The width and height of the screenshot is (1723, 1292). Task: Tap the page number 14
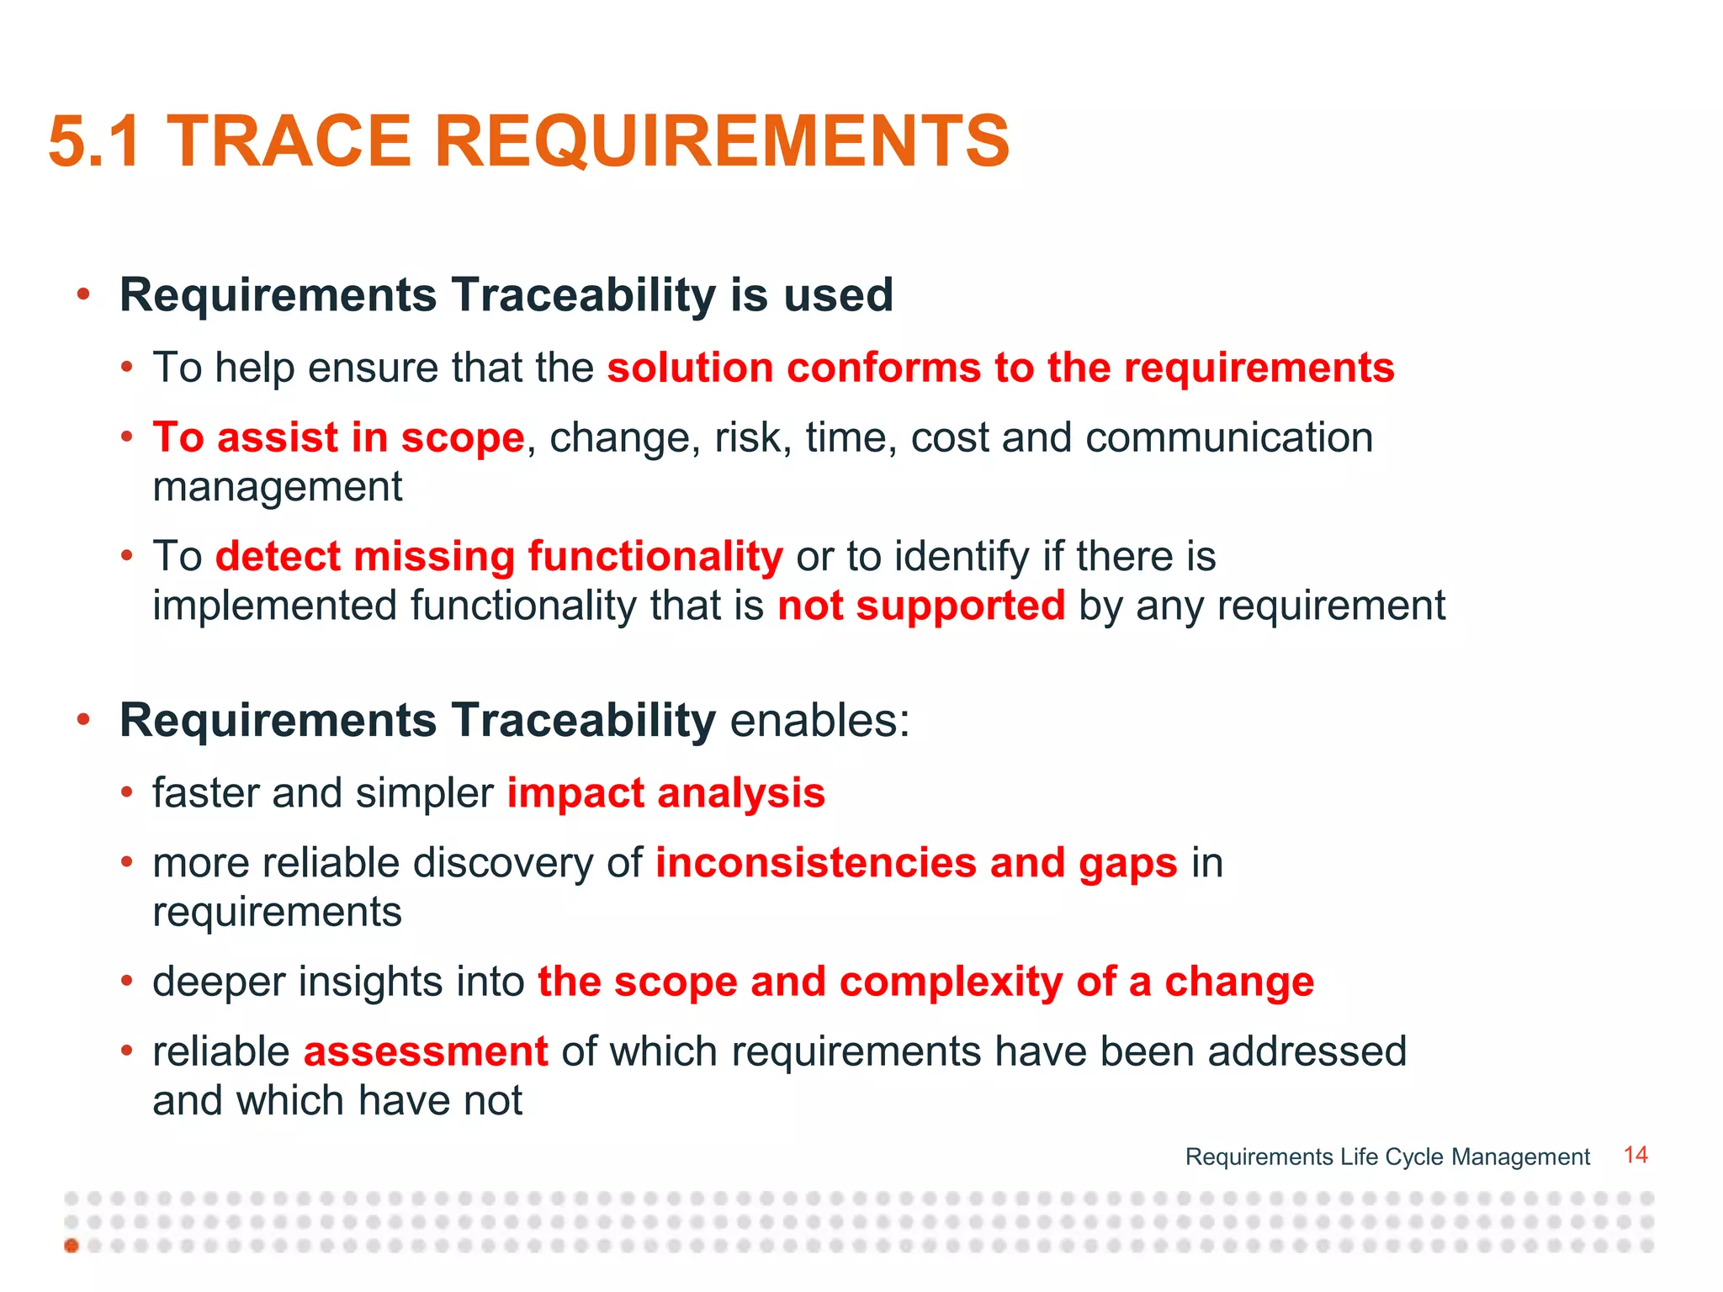pos(1635,1155)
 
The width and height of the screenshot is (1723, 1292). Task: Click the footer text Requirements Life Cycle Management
pos(1386,1157)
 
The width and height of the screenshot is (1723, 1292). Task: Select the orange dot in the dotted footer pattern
pos(72,1245)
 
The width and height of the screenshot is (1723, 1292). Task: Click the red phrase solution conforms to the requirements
pos(1000,368)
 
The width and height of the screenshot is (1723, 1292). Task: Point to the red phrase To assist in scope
pos(338,438)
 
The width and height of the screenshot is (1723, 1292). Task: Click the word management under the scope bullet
pos(278,487)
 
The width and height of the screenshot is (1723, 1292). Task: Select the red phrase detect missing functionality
pos(499,557)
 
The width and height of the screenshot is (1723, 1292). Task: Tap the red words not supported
pos(921,606)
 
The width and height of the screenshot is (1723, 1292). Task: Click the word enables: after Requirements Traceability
pos(819,721)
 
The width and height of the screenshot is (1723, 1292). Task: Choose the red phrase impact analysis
pos(665,793)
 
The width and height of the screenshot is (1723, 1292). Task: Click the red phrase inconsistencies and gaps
pos(916,863)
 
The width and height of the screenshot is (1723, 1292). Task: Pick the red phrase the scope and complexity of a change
pos(925,982)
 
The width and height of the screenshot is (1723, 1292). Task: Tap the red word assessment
pos(426,1051)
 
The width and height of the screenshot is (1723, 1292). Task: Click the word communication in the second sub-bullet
pos(1229,438)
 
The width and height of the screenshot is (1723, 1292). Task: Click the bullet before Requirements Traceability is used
pos(82,295)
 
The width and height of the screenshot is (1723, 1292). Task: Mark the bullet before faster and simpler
pos(126,793)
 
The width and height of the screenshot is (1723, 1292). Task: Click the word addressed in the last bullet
pos(1307,1051)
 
